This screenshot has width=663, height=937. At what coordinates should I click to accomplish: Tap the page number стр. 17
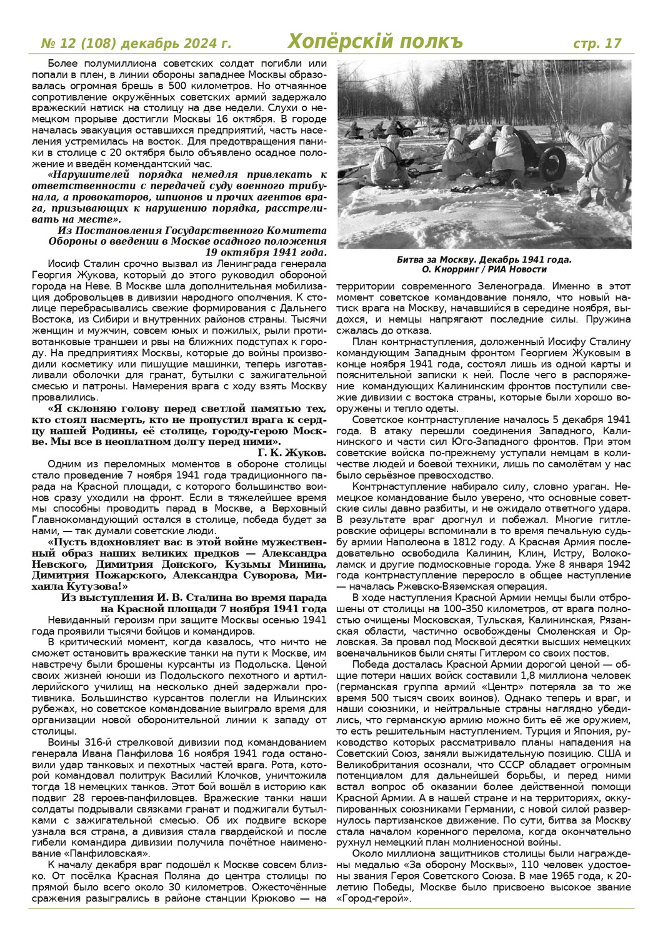597,43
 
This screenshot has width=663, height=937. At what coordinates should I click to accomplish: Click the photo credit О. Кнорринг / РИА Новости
484,270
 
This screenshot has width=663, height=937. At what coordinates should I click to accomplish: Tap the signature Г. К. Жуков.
292,452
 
